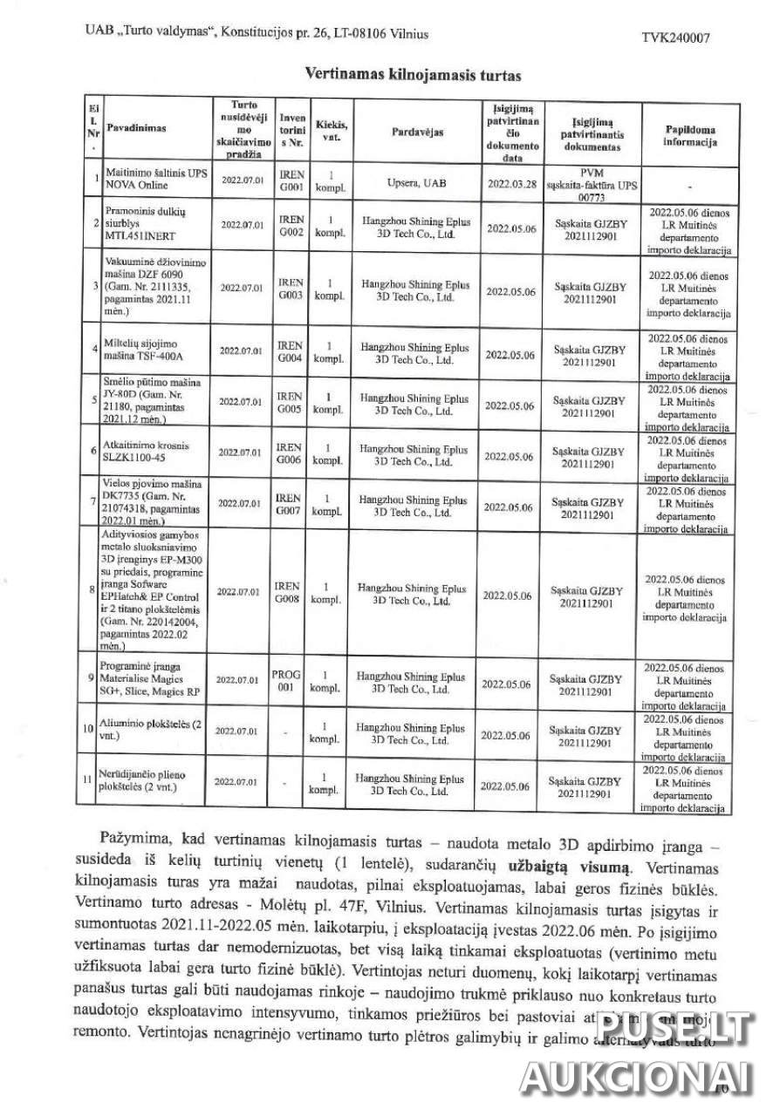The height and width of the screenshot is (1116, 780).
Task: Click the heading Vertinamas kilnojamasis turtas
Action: (x=400, y=75)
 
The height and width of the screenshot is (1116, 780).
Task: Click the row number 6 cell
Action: (x=92, y=451)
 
